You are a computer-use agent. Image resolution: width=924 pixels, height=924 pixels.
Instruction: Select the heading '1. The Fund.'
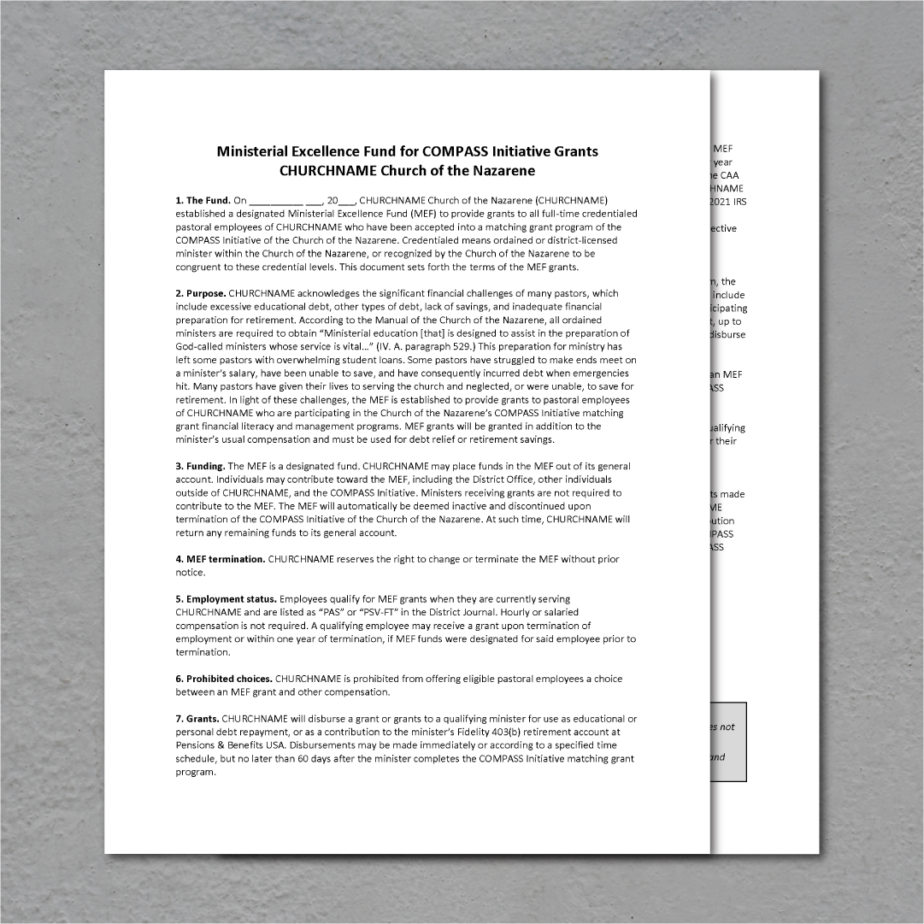(x=203, y=200)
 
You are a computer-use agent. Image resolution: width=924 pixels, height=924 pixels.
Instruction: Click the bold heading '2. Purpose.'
(x=201, y=293)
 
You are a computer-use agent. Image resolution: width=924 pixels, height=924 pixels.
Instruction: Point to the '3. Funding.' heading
(x=200, y=466)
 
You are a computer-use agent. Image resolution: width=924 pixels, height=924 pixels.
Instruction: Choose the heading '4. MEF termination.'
(x=221, y=559)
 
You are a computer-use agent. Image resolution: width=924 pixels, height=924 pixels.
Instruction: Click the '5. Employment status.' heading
(x=227, y=599)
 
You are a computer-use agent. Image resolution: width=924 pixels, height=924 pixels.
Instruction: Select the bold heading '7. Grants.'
(x=197, y=719)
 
